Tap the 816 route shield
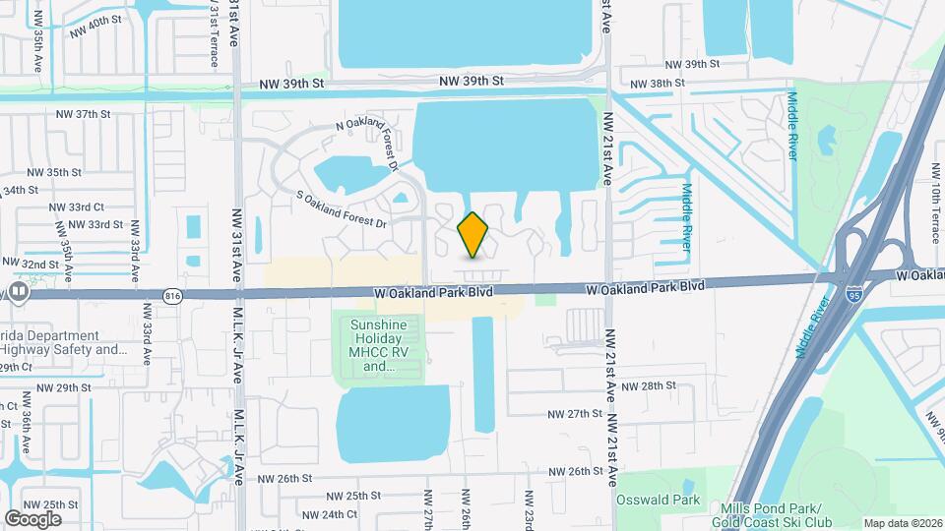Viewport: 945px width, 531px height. pyautogui.click(x=174, y=293)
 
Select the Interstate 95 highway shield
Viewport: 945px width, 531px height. pyautogui.click(x=853, y=292)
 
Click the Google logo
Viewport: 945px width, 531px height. pyautogui.click(x=33, y=518)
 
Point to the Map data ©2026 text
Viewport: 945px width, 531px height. pyautogui.click(x=903, y=523)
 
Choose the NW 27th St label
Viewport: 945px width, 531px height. pyautogui.click(x=576, y=413)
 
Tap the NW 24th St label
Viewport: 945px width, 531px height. pyautogui.click(x=330, y=514)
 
